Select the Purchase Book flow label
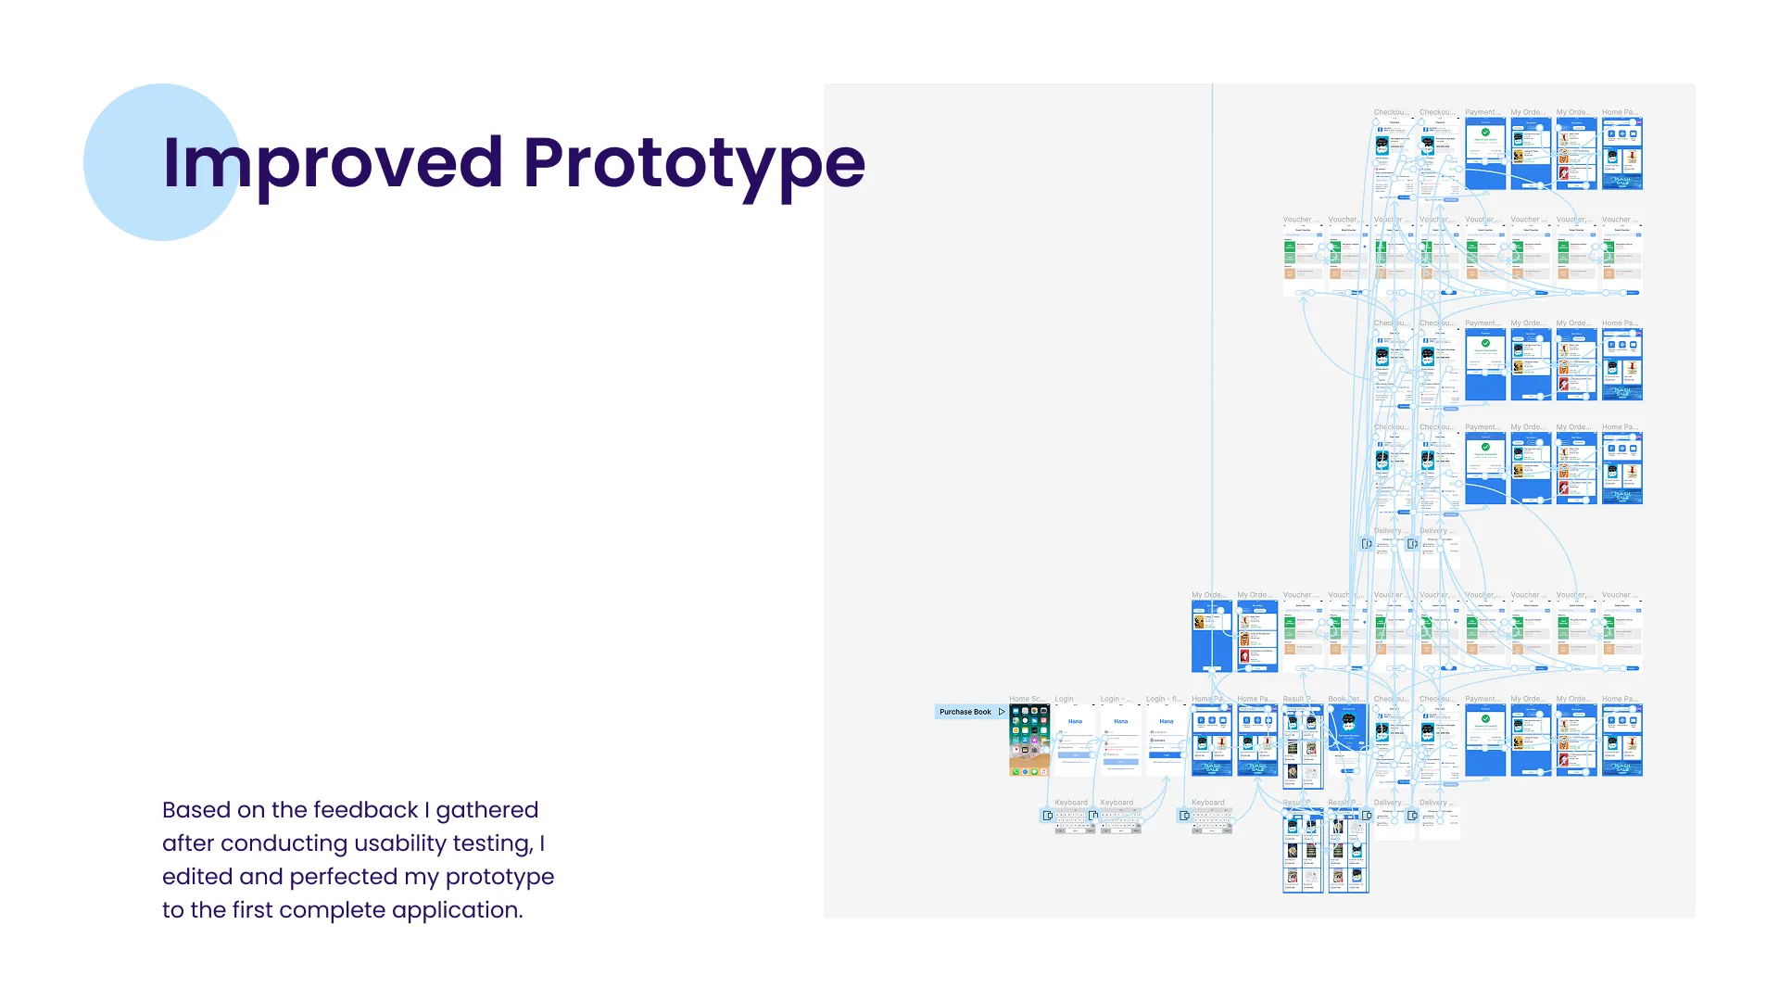(965, 712)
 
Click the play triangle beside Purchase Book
(1002, 712)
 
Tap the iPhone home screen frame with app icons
(1029, 741)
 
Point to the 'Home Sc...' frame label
(1027, 699)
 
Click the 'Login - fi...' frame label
(1164, 699)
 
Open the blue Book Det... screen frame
(1348, 741)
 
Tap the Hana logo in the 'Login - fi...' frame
(1167, 721)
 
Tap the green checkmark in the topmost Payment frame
(1485, 133)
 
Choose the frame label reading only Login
(1064, 699)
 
